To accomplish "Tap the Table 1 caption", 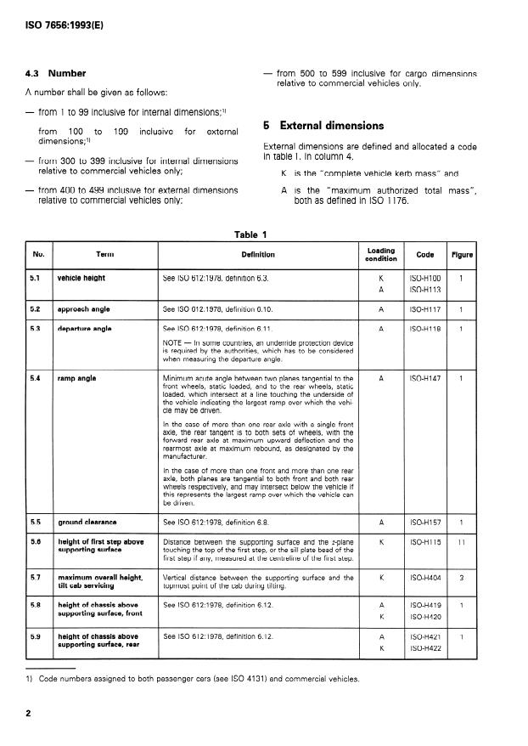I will tap(251, 235).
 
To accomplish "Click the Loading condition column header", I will tap(381, 254).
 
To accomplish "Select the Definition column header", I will tap(258, 254).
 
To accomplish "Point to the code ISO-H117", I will tap(424, 308).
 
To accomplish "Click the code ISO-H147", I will tap(424, 377).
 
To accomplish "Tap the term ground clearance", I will tap(87, 521).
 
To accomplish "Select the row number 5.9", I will tap(37, 636).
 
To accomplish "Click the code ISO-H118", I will tap(424, 328).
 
